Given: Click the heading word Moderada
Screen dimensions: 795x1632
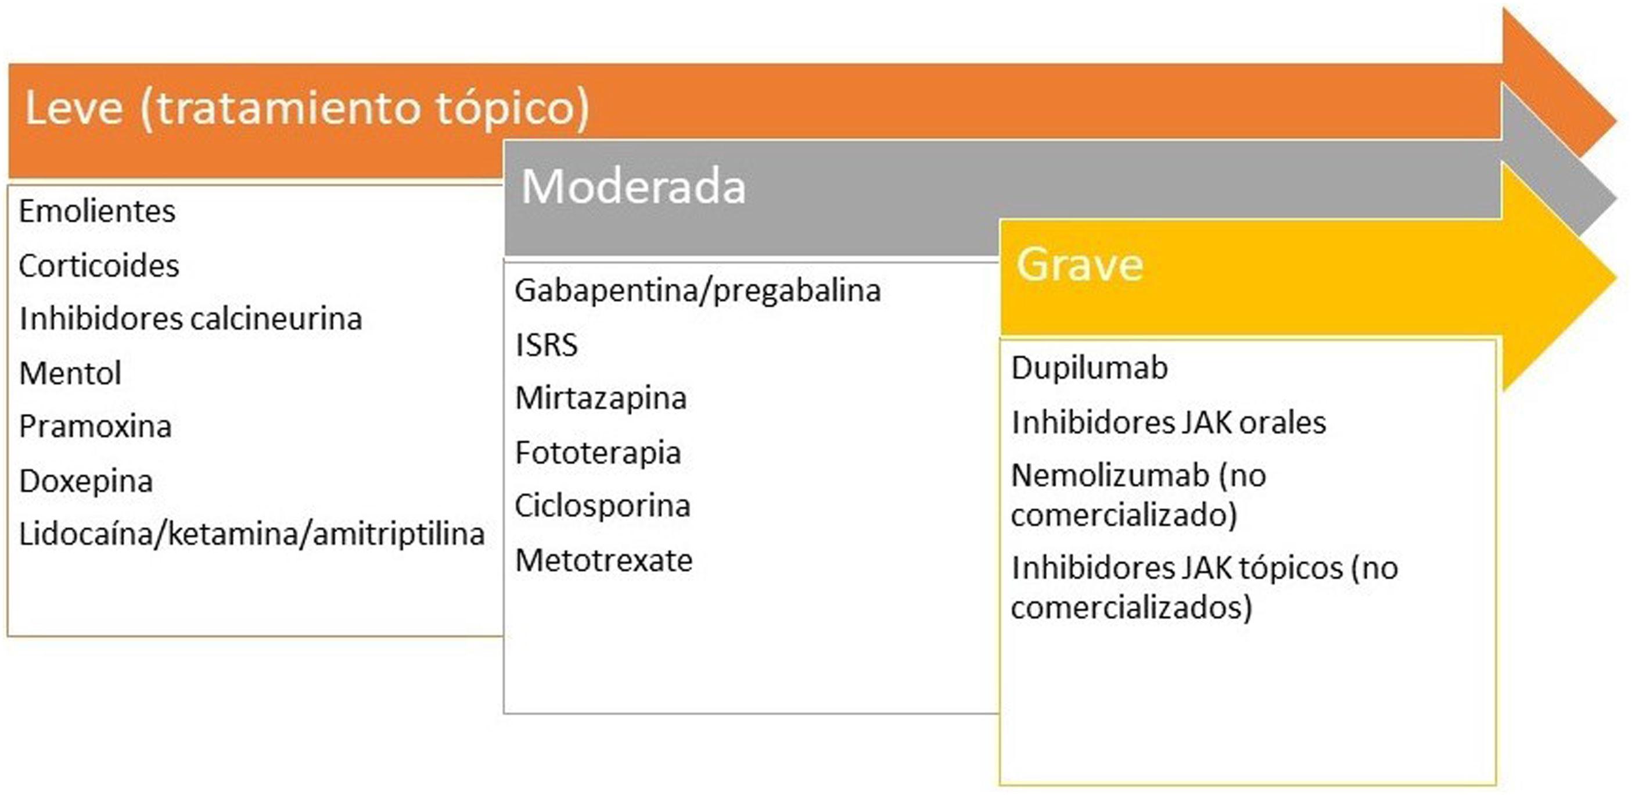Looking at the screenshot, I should pyautogui.click(x=633, y=187).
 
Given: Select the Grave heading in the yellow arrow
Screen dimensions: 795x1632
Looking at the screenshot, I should pyautogui.click(x=1080, y=264).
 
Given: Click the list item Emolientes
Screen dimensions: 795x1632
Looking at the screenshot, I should pyautogui.click(x=97, y=211).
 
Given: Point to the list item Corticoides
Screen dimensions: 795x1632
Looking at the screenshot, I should pyautogui.click(x=99, y=266).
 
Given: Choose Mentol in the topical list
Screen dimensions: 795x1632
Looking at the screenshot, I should pyautogui.click(x=70, y=373).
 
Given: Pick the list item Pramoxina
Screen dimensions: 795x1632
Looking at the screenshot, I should pyautogui.click(x=95, y=427).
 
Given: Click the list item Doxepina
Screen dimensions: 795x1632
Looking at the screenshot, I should pyautogui.click(x=86, y=481).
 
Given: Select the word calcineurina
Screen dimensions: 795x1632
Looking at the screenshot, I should pyautogui.click(x=276, y=318).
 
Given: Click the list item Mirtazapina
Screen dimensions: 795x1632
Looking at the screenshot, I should pyautogui.click(x=601, y=399).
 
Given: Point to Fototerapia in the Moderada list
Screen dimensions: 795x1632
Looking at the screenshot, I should pyautogui.click(x=598, y=453).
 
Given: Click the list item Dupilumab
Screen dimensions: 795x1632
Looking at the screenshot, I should pyautogui.click(x=1089, y=368).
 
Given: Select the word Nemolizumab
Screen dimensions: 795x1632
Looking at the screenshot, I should pyautogui.click(x=1110, y=476).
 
